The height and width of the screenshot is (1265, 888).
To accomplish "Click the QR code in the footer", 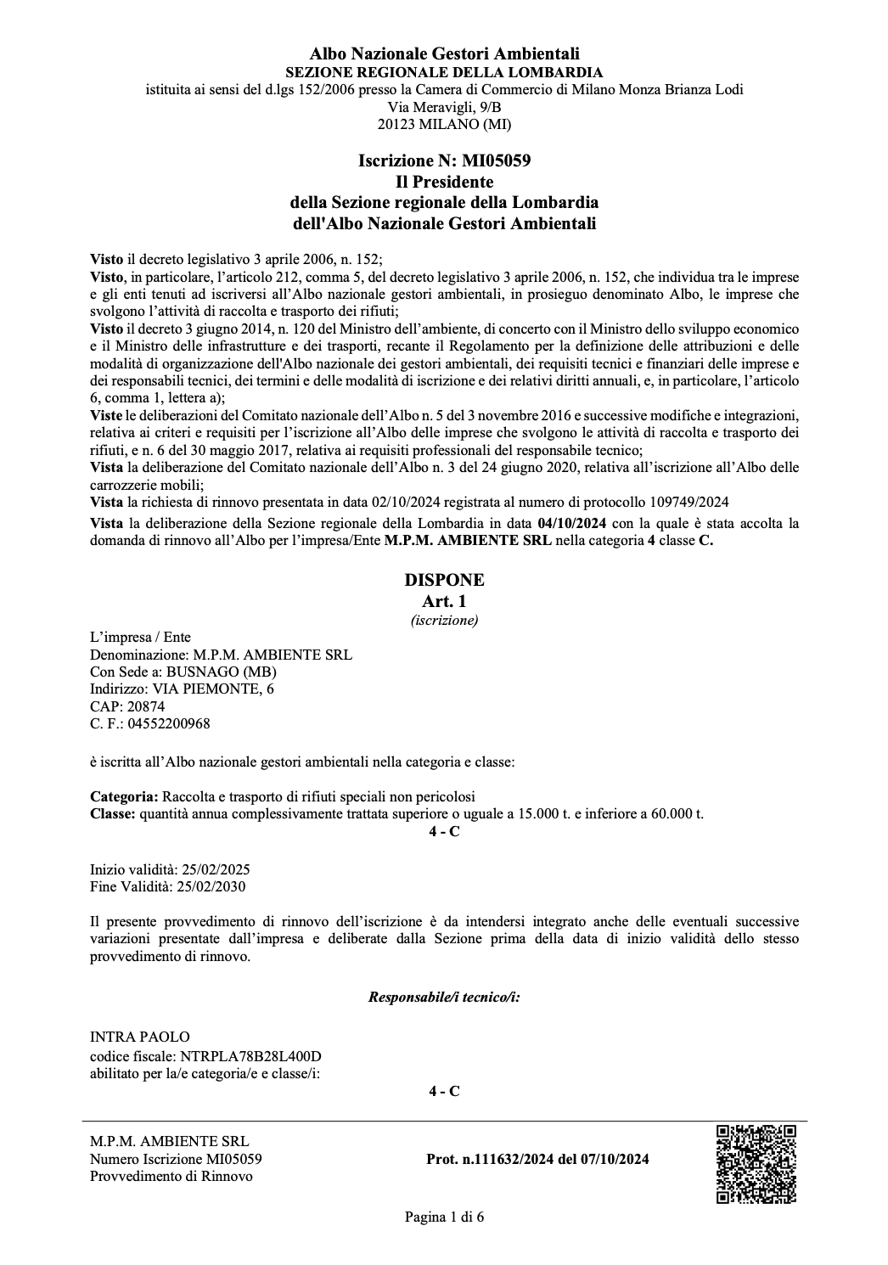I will [x=756, y=1163].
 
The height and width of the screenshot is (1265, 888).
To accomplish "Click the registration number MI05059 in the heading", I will [x=496, y=160].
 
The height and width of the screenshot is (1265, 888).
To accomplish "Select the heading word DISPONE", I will [x=444, y=580].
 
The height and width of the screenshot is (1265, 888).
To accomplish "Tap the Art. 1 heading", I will [x=444, y=601].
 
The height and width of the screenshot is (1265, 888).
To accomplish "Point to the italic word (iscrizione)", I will [x=444, y=620].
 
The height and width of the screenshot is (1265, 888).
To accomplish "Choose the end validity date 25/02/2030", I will [x=212, y=886].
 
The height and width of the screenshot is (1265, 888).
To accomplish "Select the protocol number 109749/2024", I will [x=688, y=501].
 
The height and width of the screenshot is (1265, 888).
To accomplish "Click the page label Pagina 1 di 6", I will [x=444, y=1217].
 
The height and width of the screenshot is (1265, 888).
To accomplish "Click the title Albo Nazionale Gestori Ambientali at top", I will [x=444, y=55].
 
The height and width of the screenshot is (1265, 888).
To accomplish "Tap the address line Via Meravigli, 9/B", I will [x=444, y=106].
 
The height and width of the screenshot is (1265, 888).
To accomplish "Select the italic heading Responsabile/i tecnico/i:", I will [x=444, y=997].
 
